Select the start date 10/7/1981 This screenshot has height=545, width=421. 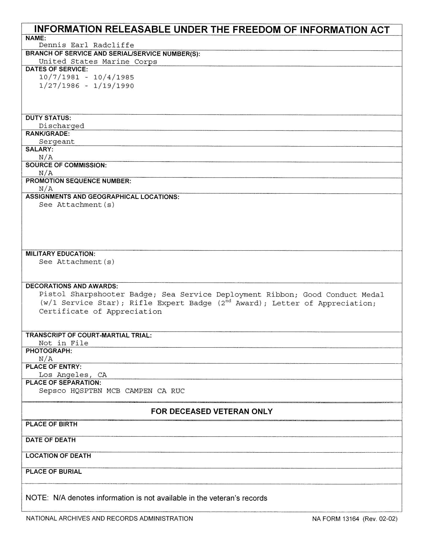59,77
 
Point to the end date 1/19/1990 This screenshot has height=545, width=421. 114,86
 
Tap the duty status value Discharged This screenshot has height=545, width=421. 62,126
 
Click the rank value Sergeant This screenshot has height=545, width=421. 57,142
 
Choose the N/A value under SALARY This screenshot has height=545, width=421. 46,157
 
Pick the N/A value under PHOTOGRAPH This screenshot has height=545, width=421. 46,359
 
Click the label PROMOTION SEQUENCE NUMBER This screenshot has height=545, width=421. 78,181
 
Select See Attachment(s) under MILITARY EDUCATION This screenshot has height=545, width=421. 77,262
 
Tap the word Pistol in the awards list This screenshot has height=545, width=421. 52,295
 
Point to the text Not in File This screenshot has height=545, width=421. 64,343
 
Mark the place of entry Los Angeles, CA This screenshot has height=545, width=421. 73,375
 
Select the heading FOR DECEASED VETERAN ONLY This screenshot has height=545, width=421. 212,411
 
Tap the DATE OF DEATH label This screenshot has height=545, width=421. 51,440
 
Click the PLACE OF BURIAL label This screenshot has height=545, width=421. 54,471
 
